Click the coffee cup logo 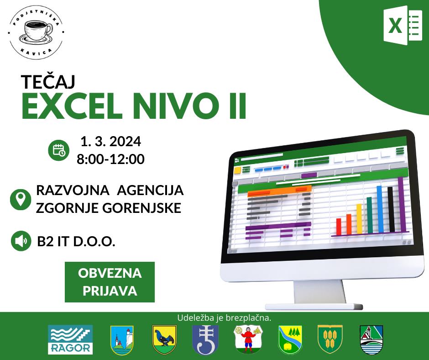(x=36, y=32)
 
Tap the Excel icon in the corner (x=403, y=26)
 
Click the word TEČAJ (x=48, y=81)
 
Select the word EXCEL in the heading (x=72, y=106)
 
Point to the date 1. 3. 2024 (x=111, y=141)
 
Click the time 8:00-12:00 (x=110, y=159)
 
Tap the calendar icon (x=59, y=150)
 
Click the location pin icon (x=21, y=200)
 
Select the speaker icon (x=21, y=241)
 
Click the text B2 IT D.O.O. (x=76, y=241)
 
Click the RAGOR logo (x=70, y=340)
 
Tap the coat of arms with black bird (x=164, y=340)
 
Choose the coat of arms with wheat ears (x=330, y=340)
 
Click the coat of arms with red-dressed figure (x=248, y=339)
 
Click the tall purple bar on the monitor (x=401, y=204)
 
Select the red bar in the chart (x=339, y=227)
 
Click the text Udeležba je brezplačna (x=224, y=318)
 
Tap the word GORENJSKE (x=142, y=208)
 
